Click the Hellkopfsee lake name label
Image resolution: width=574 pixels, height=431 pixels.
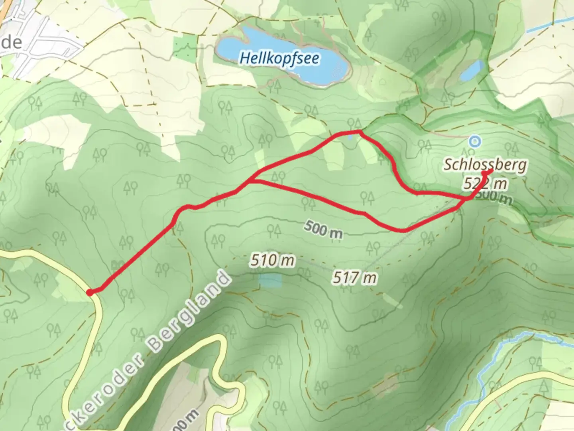pyautogui.click(x=279, y=59)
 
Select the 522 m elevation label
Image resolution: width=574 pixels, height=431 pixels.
pyautogui.click(x=485, y=184)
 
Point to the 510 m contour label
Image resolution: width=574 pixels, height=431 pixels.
pyautogui.click(x=273, y=261)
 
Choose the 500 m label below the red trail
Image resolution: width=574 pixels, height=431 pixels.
pyautogui.click(x=323, y=229)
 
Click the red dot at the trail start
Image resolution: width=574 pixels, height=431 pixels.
pyautogui.click(x=90, y=293)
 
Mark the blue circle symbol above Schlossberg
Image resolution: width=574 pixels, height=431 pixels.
pyautogui.click(x=474, y=141)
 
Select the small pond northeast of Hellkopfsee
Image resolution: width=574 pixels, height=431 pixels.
pyautogui.click(x=472, y=71)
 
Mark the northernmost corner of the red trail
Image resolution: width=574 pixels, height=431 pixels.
pyautogui.click(x=359, y=131)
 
